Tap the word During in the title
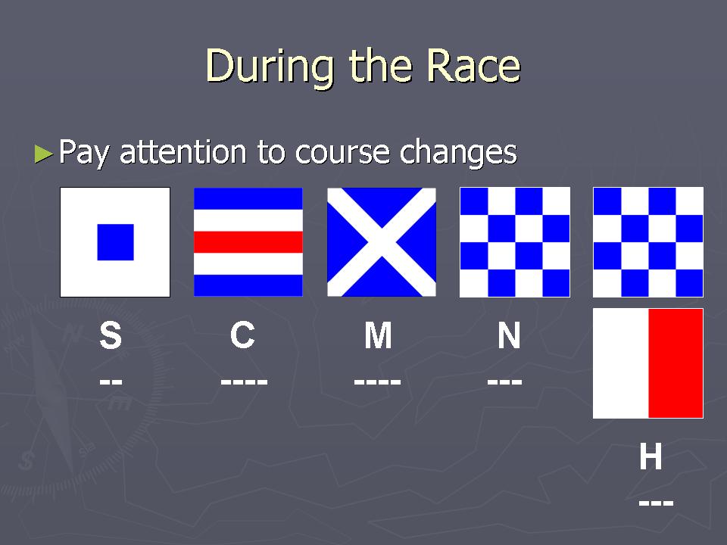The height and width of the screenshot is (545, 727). pyautogui.click(x=270, y=67)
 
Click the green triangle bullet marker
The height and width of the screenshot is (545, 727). pyautogui.click(x=44, y=154)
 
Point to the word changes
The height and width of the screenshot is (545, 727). pyautogui.click(x=458, y=152)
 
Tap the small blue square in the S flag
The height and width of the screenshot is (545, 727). pyautogui.click(x=115, y=242)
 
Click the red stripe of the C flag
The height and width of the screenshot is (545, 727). pyautogui.click(x=248, y=242)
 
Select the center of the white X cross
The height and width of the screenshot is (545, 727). pyautogui.click(x=382, y=242)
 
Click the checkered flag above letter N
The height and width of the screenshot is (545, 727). pyautogui.click(x=515, y=242)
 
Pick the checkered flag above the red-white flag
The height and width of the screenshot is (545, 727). pyautogui.click(x=648, y=242)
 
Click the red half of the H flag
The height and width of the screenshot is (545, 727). pyautogui.click(x=676, y=363)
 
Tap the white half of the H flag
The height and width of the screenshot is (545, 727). pyautogui.click(x=621, y=363)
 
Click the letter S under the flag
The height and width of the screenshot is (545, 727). pyautogui.click(x=111, y=335)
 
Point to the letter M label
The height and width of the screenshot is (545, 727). pyautogui.click(x=378, y=335)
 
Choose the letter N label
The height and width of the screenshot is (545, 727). pyautogui.click(x=509, y=335)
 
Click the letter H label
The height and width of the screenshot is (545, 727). pyautogui.click(x=651, y=456)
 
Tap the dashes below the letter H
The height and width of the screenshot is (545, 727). pyautogui.click(x=656, y=503)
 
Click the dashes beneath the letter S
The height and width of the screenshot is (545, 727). pyautogui.click(x=111, y=381)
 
